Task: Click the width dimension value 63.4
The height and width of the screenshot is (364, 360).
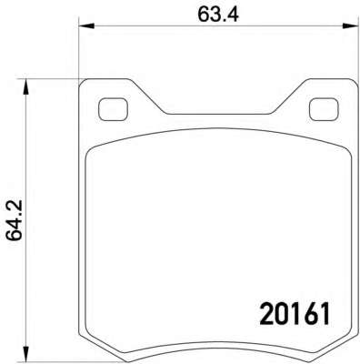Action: pyautogui.click(x=218, y=15)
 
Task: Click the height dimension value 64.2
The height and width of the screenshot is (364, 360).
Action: pyautogui.click(x=15, y=220)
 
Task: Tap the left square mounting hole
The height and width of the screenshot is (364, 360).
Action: pyautogui.click(x=113, y=109)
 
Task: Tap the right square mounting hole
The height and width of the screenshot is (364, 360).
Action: pyautogui.click(x=324, y=109)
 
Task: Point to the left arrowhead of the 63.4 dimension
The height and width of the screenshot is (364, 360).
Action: pyautogui.click(x=87, y=26)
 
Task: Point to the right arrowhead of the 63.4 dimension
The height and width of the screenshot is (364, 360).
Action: pyautogui.click(x=351, y=26)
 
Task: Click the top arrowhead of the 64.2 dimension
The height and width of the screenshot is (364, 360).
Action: pyautogui.click(x=26, y=87)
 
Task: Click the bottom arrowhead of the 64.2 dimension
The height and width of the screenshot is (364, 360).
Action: pyautogui.click(x=26, y=353)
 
